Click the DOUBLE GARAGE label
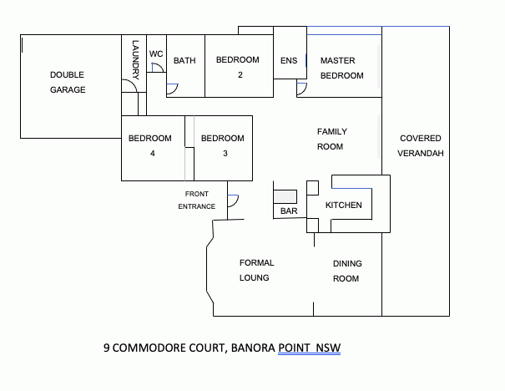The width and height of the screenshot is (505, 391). click(x=68, y=82)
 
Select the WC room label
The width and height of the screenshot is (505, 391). click(x=156, y=54)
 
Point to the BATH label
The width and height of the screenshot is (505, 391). click(x=184, y=61)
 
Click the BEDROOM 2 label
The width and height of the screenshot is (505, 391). click(x=240, y=67)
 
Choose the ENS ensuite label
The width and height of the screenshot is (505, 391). click(x=289, y=61)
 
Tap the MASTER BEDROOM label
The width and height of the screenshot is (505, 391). click(x=341, y=69)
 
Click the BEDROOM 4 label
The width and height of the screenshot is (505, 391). click(x=149, y=146)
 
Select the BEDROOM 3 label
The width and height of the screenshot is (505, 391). click(x=223, y=146)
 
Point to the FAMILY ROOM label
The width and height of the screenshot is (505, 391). click(x=331, y=139)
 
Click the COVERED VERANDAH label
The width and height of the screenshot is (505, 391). click(x=420, y=146)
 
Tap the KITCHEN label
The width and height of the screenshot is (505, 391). click(x=343, y=206)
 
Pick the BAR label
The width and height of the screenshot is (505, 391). click(x=289, y=212)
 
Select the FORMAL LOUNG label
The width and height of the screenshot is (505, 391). click(x=256, y=270)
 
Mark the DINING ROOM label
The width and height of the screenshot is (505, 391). click(x=346, y=272)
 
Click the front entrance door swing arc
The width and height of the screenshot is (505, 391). click(x=234, y=201)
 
